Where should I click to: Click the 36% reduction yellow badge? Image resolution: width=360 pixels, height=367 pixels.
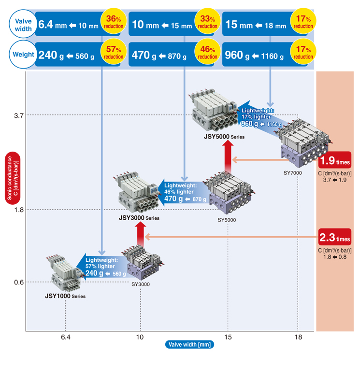(113, 22)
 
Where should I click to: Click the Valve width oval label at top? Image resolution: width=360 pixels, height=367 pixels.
(23, 25)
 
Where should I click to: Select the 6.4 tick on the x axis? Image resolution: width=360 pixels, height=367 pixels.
(65, 337)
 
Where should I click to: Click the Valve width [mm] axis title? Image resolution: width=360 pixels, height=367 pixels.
(189, 344)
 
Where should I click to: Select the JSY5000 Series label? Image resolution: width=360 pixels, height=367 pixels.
(224, 137)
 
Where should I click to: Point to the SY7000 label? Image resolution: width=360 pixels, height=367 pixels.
(293, 172)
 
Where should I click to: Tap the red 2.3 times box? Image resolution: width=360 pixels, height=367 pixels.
(334, 238)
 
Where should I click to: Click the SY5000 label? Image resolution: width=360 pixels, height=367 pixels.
(227, 220)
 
